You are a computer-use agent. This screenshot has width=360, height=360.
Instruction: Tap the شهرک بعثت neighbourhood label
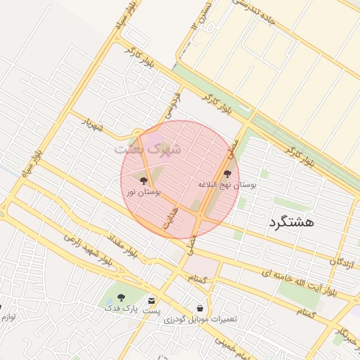(148, 149)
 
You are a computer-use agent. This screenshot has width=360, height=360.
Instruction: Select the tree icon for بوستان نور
(144, 181)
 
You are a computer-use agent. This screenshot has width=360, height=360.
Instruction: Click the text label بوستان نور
(144, 191)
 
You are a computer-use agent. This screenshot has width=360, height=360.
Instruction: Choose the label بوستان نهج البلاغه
(227, 184)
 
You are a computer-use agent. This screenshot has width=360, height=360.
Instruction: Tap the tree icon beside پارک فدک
(121, 297)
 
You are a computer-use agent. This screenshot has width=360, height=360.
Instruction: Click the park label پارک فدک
(121, 309)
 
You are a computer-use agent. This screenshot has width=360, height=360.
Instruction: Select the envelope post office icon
(152, 300)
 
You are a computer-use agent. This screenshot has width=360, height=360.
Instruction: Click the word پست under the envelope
(152, 310)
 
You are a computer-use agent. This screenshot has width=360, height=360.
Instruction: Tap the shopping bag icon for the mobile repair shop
(200, 308)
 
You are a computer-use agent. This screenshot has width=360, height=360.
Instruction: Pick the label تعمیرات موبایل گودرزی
(201, 319)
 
